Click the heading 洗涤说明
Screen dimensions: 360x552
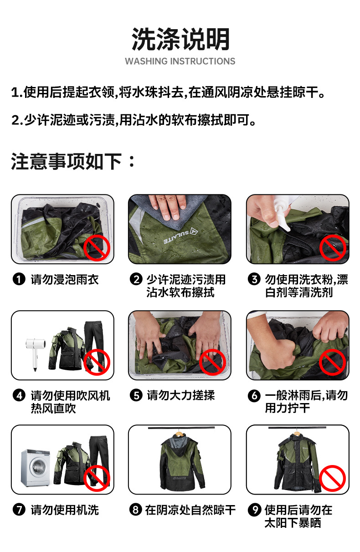point(180,39)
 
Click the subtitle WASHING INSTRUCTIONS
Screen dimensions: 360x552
point(180,61)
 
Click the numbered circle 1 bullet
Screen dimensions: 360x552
point(19,280)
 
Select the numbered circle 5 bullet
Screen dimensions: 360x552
point(136,395)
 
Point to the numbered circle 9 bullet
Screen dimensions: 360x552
point(254,509)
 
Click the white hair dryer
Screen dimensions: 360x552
point(36,353)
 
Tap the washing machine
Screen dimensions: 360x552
point(36,468)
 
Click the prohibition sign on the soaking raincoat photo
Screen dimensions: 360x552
point(97,248)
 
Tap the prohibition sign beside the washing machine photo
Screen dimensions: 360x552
point(97,478)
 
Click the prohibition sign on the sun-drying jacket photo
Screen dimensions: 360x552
point(332,478)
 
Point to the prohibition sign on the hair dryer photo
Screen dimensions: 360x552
point(97,362)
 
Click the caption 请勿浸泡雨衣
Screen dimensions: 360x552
point(65,280)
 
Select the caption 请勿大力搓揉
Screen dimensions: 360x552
point(181,395)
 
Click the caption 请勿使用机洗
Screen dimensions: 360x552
point(65,510)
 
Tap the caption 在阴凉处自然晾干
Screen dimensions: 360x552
point(190,510)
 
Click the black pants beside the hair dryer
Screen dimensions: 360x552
point(94,345)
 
